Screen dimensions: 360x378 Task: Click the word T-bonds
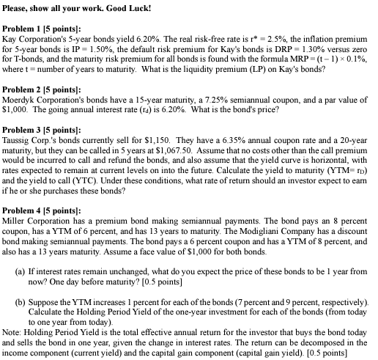(29, 65)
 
